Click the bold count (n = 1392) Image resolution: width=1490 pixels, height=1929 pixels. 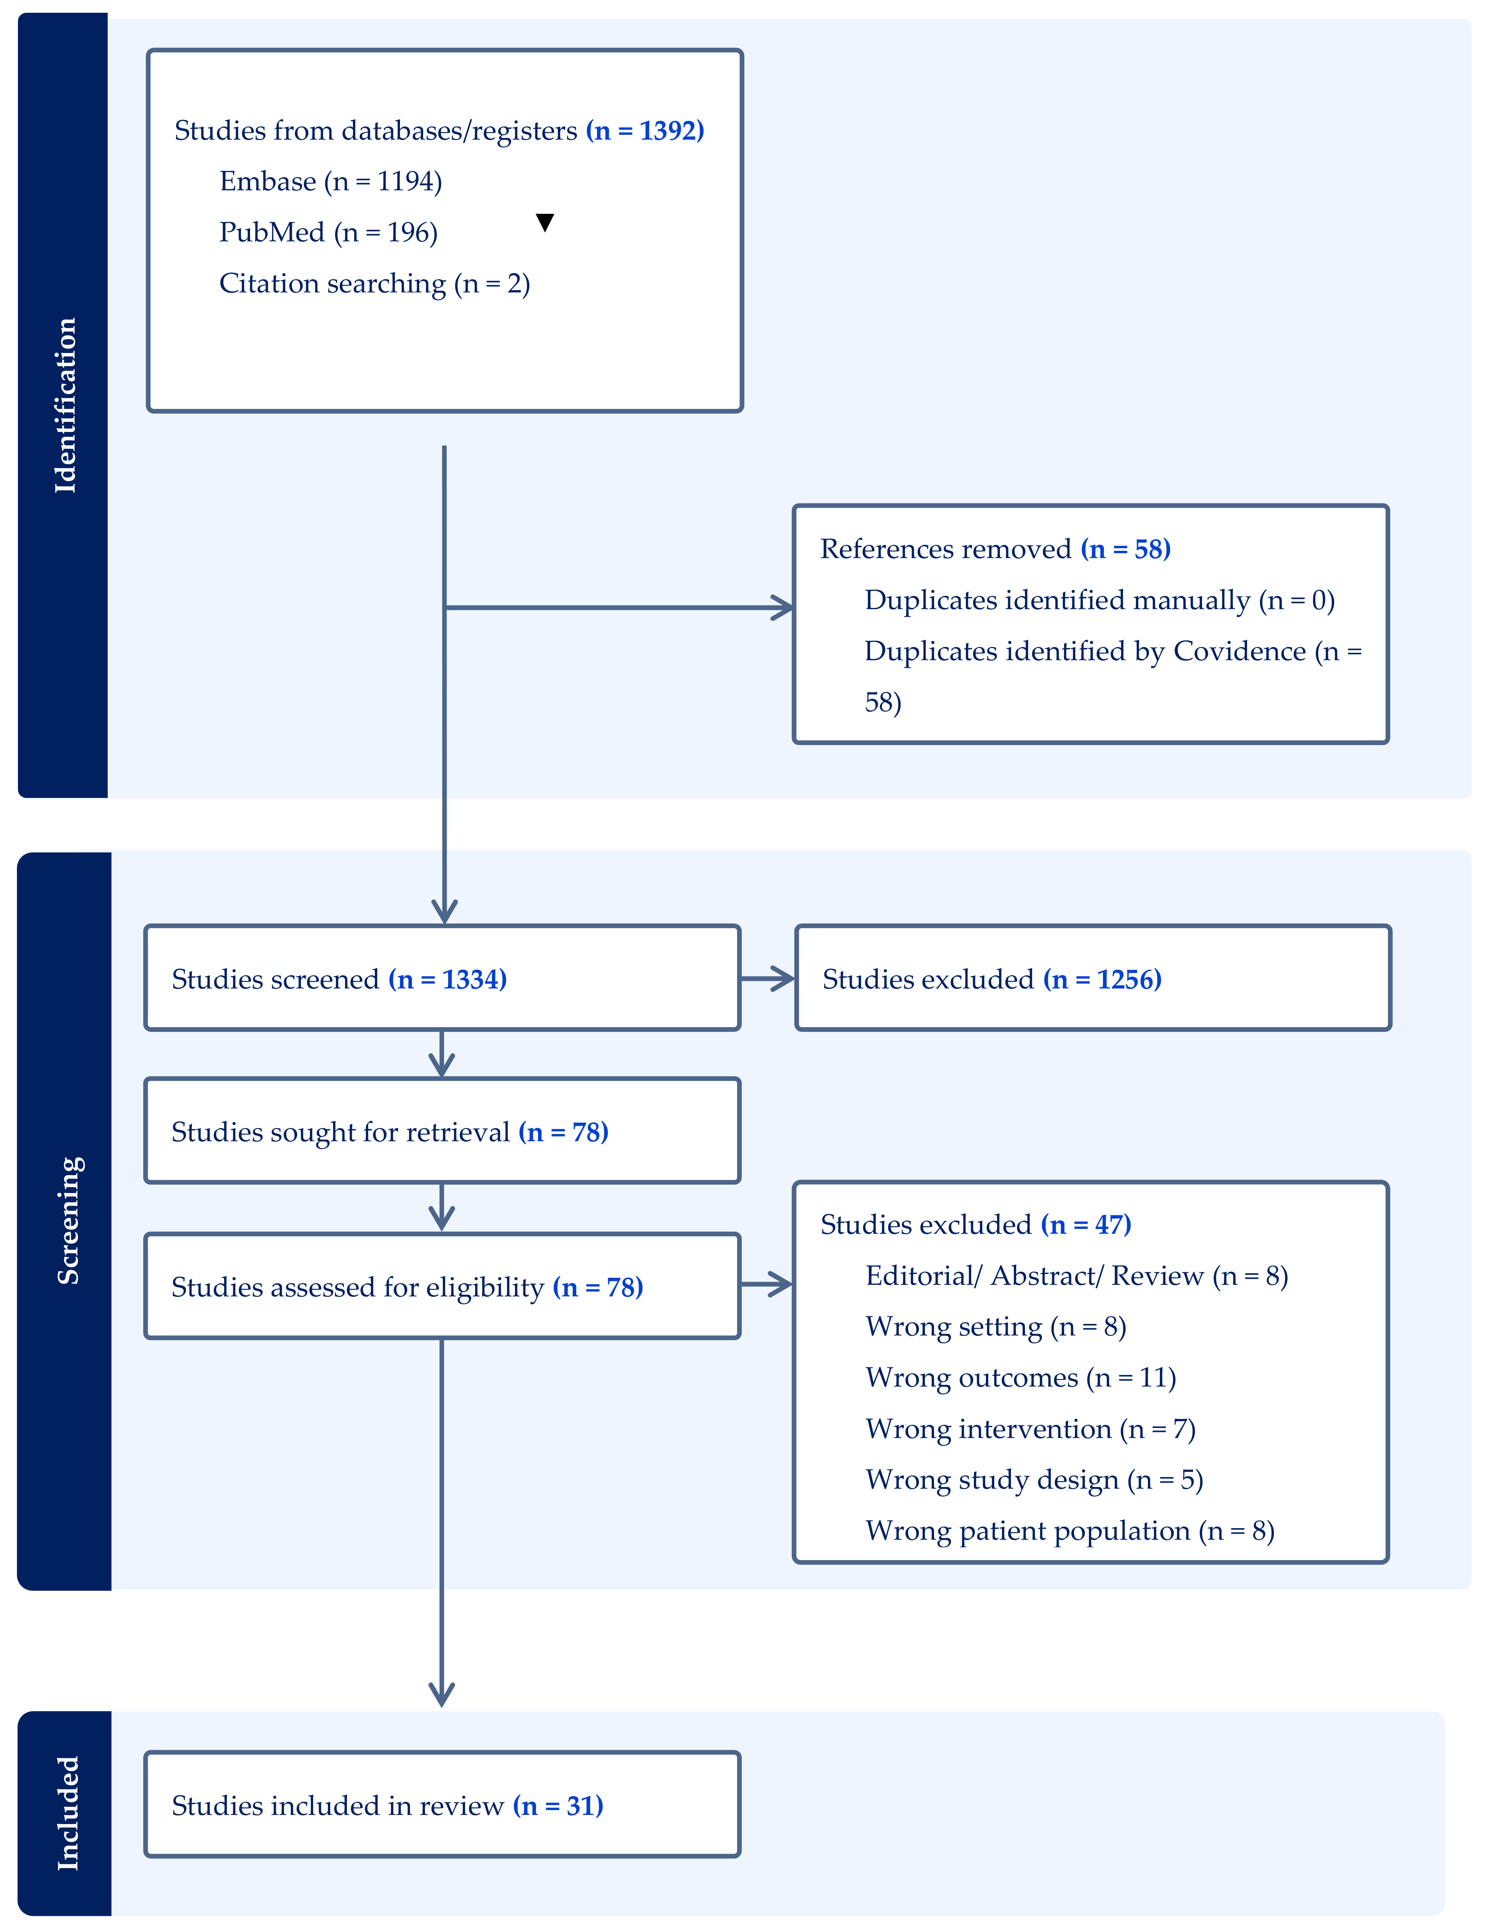pyautogui.click(x=645, y=131)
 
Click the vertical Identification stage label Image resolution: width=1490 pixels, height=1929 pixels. pyautogui.click(x=65, y=405)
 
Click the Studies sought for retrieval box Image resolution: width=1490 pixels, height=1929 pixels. pyautogui.click(x=441, y=1131)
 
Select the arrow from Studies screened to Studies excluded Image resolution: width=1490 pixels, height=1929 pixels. pyautogui.click(x=767, y=978)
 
